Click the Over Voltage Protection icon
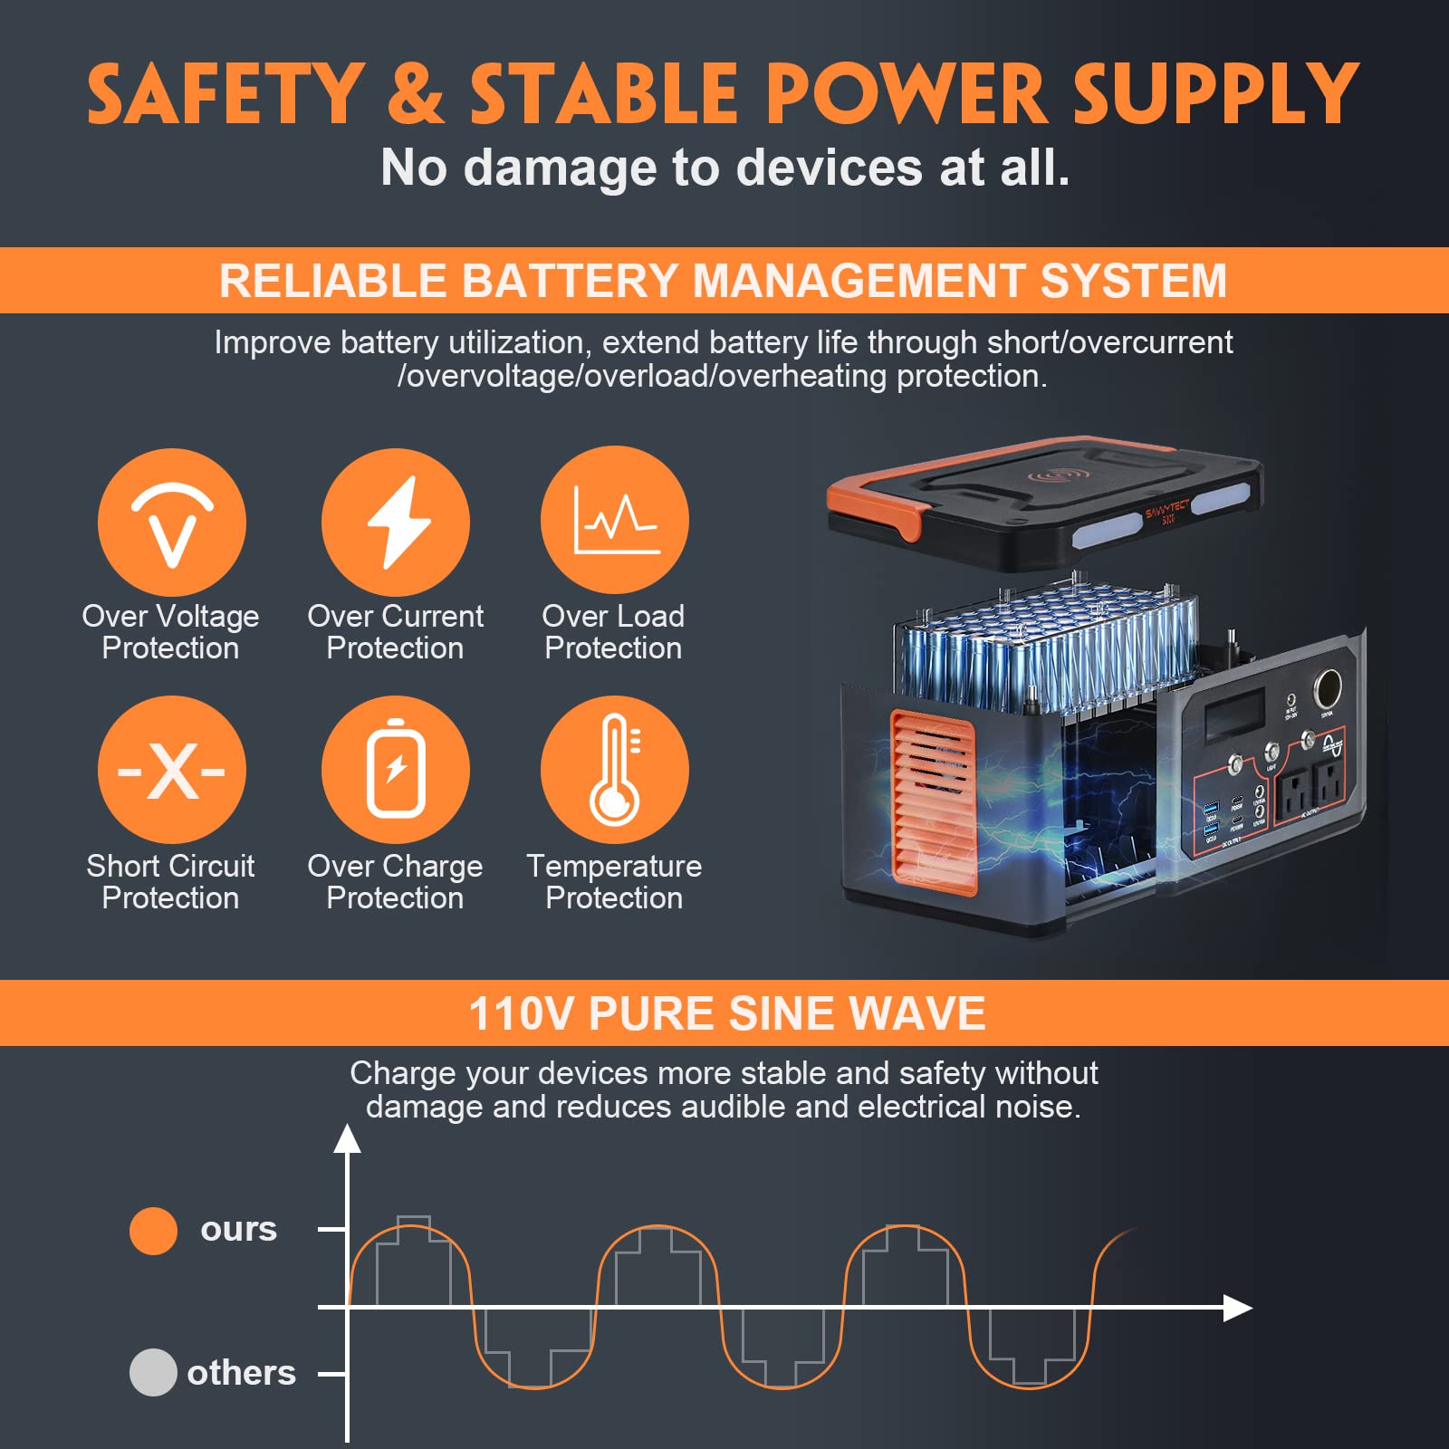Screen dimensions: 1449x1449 (x=171, y=523)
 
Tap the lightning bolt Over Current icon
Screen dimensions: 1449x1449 (x=396, y=523)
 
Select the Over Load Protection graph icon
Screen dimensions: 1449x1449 (x=615, y=520)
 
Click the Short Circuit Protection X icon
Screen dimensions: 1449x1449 (x=171, y=770)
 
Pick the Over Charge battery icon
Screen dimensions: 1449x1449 (x=396, y=770)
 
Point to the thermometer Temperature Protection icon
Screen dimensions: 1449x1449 (x=615, y=770)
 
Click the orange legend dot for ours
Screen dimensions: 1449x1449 (x=153, y=1231)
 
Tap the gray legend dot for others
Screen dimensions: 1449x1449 (x=153, y=1372)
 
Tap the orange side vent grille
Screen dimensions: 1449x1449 (x=933, y=797)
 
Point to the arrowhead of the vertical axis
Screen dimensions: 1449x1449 (x=347, y=1139)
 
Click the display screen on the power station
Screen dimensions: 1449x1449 (x=1234, y=713)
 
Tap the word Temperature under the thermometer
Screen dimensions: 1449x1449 (x=614, y=867)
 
